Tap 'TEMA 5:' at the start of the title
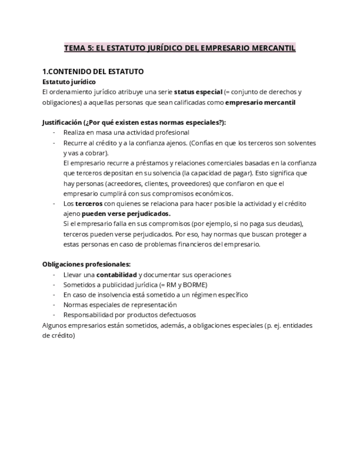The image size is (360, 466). click(x=79, y=48)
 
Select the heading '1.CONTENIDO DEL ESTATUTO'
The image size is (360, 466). click(x=93, y=71)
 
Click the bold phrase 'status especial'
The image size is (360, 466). click(x=198, y=92)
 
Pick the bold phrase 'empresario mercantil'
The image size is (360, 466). click(x=261, y=102)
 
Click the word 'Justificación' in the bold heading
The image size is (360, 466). click(x=62, y=123)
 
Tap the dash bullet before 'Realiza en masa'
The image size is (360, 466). click(x=54, y=132)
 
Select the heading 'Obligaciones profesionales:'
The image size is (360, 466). click(x=86, y=264)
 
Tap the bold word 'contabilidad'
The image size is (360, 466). click(x=117, y=275)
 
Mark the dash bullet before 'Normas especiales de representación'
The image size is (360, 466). click(x=54, y=305)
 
